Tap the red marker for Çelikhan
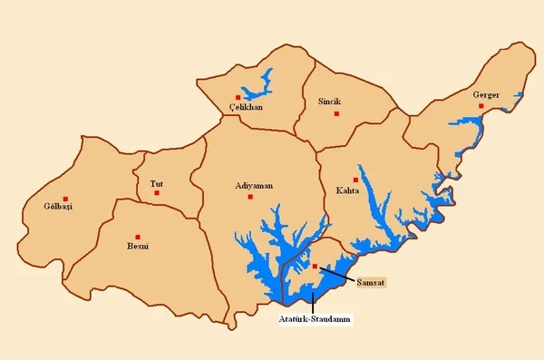[238, 97]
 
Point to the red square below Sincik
[335, 113]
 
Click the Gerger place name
[486, 94]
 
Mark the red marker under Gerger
[481, 106]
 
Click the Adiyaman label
[254, 185]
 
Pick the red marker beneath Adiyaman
[250, 197]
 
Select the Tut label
[156, 183]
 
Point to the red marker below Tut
[157, 192]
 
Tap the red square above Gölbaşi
[65, 199]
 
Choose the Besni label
[138, 246]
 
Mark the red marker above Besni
[138, 236]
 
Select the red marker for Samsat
[315, 267]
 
